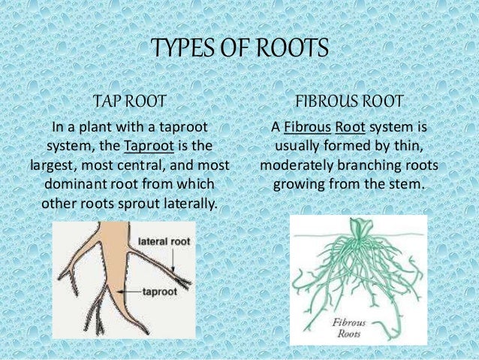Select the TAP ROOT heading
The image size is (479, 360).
pos(128,100)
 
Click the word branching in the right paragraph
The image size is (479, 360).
pos(371,165)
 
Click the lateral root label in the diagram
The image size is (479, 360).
pos(164,241)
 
